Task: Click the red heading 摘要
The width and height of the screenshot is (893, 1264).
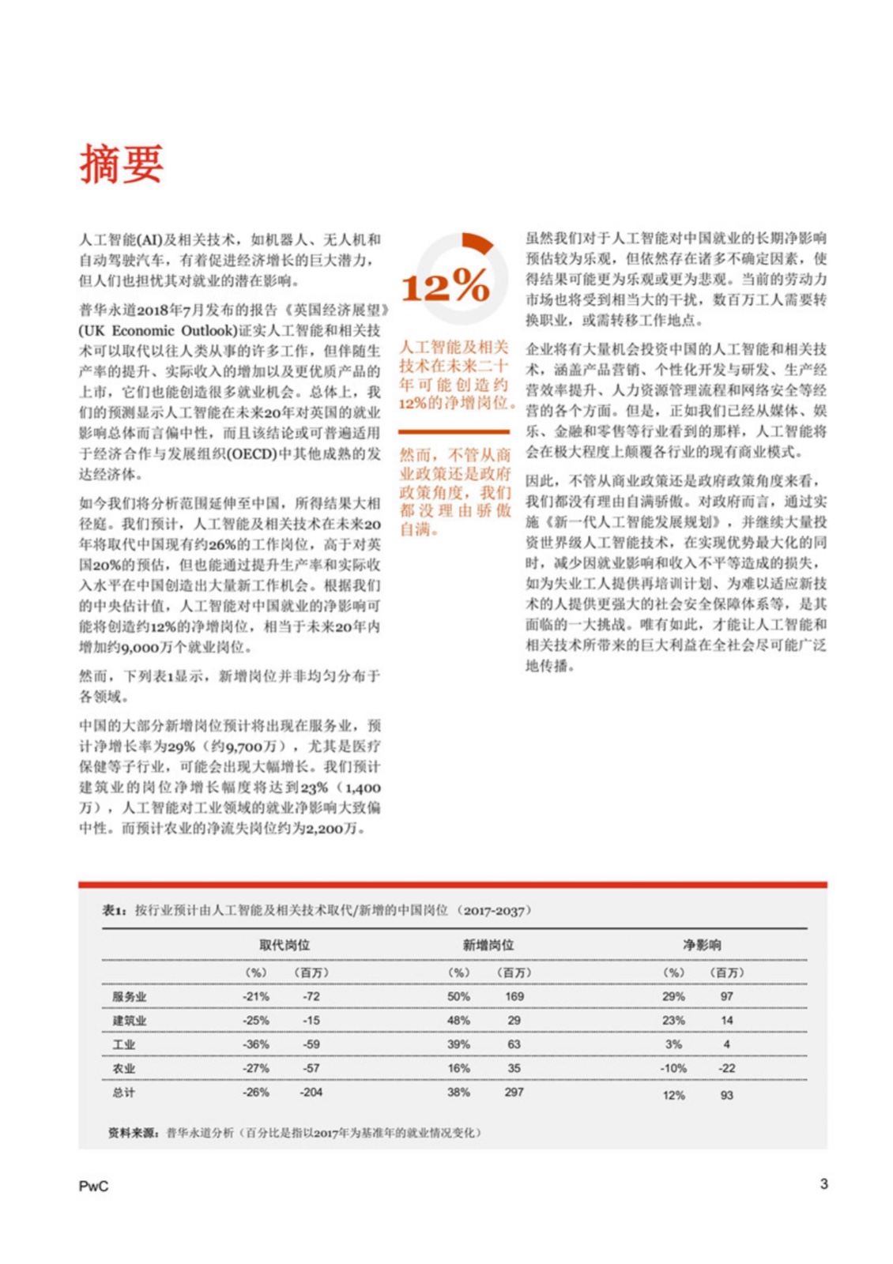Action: [x=121, y=164]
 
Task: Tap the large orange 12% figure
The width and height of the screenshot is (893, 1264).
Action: [x=445, y=285]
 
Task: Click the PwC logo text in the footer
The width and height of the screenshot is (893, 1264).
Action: [x=93, y=1186]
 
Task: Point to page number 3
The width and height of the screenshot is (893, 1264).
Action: [x=823, y=1183]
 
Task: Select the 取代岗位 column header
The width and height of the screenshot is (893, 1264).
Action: [x=284, y=945]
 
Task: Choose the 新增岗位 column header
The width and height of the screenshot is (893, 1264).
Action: [x=488, y=945]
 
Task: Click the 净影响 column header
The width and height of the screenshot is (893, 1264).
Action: [x=701, y=945]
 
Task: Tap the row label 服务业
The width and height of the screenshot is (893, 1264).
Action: [x=129, y=997]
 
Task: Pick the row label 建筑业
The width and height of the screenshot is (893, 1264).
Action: [x=129, y=1021]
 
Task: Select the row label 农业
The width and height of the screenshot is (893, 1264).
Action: [x=123, y=1068]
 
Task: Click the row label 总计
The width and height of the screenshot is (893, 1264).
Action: [x=123, y=1093]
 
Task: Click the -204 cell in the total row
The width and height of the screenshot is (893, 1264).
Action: [x=311, y=1093]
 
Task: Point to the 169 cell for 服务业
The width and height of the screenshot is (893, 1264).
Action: [x=514, y=997]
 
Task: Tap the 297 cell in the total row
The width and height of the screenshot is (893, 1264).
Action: [x=514, y=1093]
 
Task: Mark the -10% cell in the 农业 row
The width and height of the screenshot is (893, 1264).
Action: [x=673, y=1068]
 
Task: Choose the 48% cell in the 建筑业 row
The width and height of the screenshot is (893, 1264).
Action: [x=458, y=1021]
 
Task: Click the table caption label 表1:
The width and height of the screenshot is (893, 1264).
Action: [x=114, y=911]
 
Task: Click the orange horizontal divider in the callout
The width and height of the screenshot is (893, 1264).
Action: [x=454, y=432]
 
